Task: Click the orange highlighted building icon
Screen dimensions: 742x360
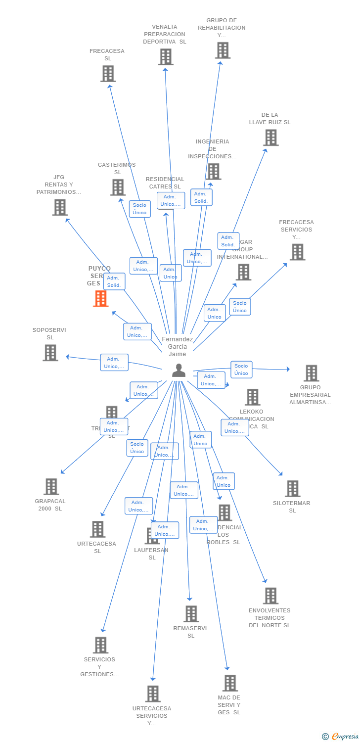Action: click(x=101, y=298)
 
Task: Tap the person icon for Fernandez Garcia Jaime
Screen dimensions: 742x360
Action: click(x=179, y=370)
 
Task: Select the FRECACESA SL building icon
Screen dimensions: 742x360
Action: click(x=108, y=74)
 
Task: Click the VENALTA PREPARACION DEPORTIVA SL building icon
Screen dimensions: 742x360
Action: click(x=166, y=57)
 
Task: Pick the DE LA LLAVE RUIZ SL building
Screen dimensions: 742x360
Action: click(x=270, y=138)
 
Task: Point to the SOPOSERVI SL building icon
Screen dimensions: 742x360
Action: click(x=50, y=353)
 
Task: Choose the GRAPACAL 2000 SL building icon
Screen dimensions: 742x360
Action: click(x=51, y=487)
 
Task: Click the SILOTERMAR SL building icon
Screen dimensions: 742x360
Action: click(x=292, y=489)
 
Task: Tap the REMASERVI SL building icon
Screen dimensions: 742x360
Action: click(x=191, y=614)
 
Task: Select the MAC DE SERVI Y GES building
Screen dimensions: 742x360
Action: click(x=229, y=683)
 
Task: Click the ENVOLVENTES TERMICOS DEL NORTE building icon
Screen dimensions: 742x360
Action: click(x=270, y=596)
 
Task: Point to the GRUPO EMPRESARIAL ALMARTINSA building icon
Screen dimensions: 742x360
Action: click(x=311, y=373)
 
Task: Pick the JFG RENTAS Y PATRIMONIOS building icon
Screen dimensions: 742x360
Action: click(x=59, y=207)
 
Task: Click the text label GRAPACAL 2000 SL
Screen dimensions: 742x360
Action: click(x=50, y=505)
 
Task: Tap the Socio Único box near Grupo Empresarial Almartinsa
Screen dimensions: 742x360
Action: click(x=241, y=370)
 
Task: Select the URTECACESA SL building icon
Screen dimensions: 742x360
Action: click(x=97, y=529)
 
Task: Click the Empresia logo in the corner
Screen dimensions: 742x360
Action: click(x=340, y=737)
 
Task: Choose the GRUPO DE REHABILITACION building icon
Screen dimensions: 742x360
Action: click(x=223, y=50)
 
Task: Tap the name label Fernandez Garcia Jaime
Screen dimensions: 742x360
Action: click(x=177, y=347)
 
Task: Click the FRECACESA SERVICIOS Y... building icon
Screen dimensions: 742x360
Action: click(x=297, y=252)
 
